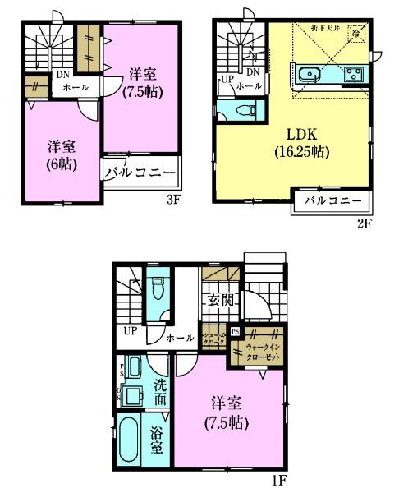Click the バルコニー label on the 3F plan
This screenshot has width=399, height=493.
point(140,173)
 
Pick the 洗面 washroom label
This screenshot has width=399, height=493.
point(160,389)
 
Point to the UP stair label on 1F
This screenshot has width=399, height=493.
point(129,331)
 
